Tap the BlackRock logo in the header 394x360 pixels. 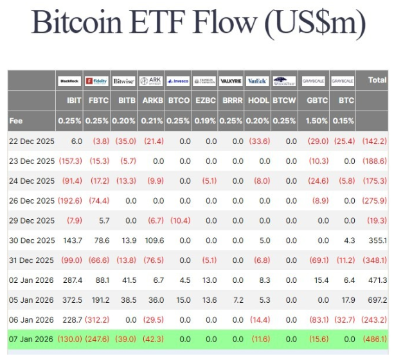[x=69, y=82]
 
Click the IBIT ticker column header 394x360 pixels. [x=74, y=101]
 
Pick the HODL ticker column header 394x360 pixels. [x=258, y=101]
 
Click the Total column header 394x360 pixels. [x=377, y=81]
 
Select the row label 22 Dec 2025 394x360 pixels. [x=31, y=141]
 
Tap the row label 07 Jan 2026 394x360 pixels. [x=31, y=341]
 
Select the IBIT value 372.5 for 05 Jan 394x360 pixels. [x=72, y=301]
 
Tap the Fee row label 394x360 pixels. [x=17, y=120]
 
